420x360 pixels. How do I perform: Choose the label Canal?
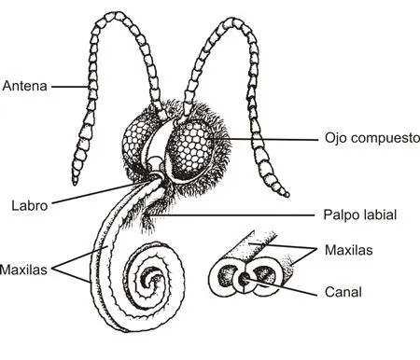point(343,291)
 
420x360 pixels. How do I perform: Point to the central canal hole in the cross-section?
point(245,277)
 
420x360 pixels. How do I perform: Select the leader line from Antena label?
point(70,87)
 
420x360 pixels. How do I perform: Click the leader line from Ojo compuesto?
point(280,138)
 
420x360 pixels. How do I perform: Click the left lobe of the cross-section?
point(228,278)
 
